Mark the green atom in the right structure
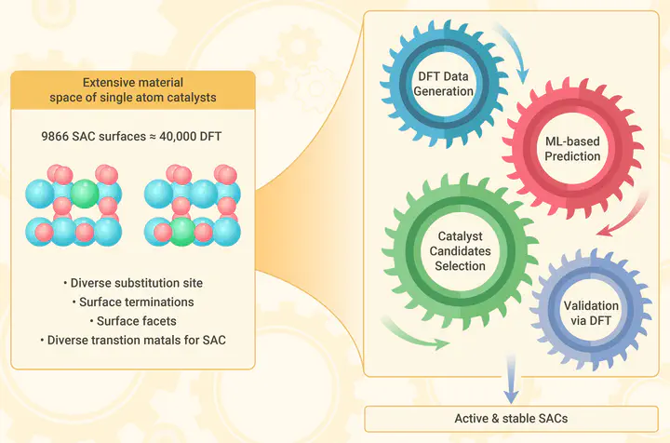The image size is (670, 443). point(182,230)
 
